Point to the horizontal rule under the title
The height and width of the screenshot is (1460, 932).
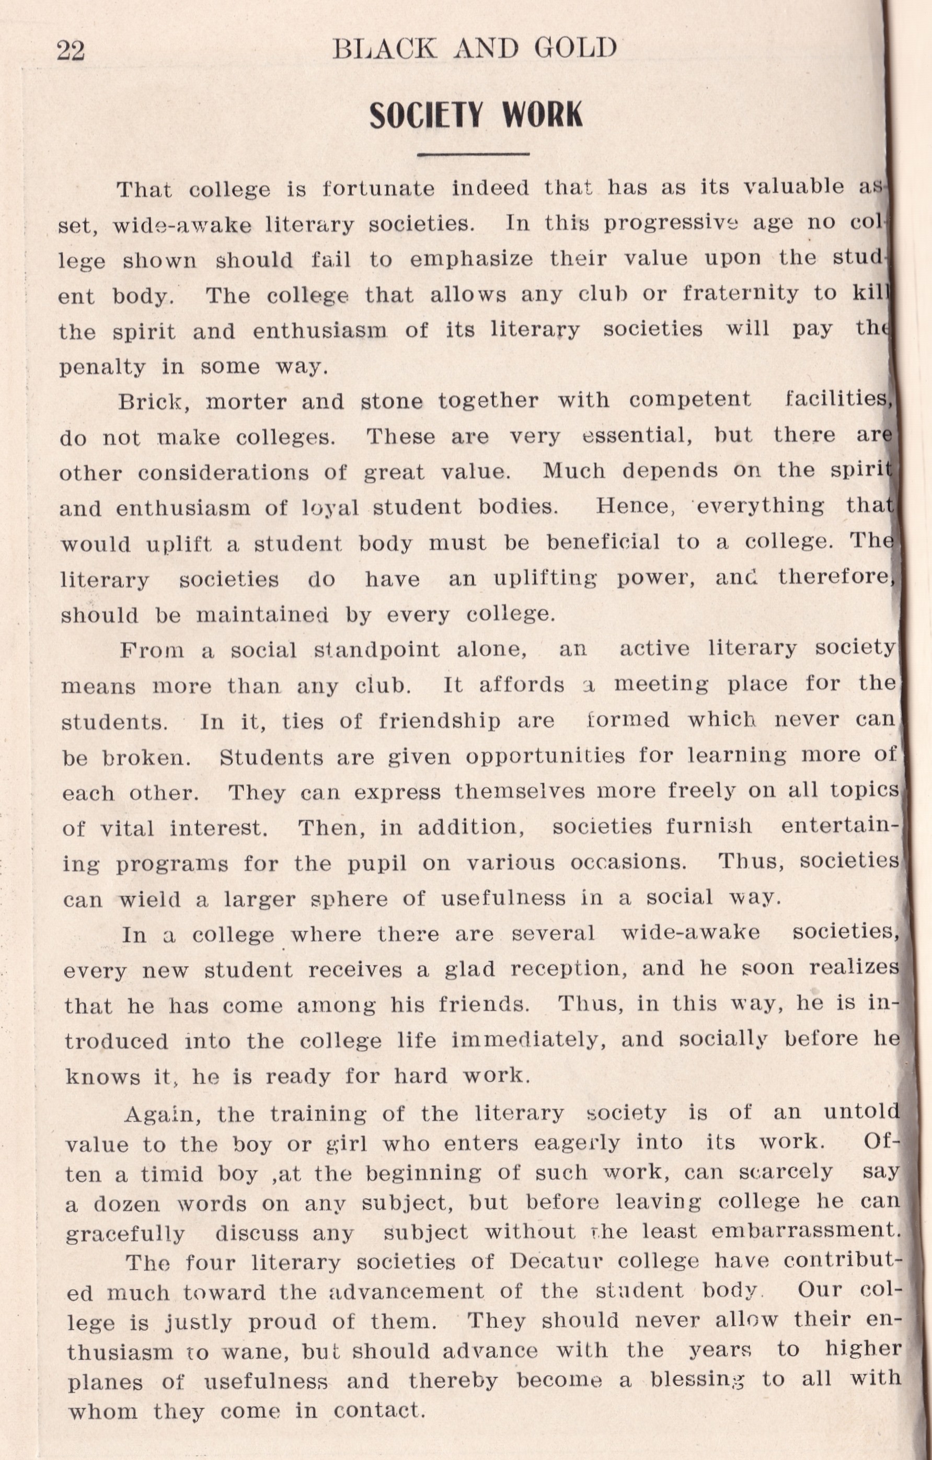474,154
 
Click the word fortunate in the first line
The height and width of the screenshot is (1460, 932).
378,189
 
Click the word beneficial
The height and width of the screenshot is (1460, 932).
603,542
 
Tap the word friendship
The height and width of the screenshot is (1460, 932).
440,721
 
